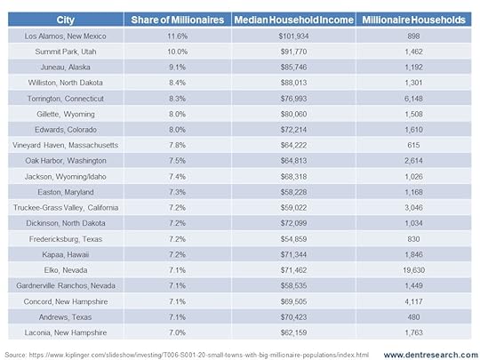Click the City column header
coord(66,20)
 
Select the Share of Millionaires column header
coord(178,20)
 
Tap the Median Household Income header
coord(294,20)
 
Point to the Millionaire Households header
coord(413,20)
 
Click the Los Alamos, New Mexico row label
coord(66,36)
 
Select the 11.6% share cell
coord(178,36)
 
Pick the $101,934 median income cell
coord(294,36)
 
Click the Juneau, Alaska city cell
coord(66,68)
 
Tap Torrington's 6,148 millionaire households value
coord(413,99)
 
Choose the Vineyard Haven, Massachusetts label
coord(66,145)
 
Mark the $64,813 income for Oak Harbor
coord(294,161)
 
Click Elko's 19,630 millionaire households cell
coord(413,270)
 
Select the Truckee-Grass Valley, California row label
coord(66,207)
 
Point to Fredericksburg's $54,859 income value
coord(294,239)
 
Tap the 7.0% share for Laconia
coord(178,332)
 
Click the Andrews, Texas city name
coord(66,317)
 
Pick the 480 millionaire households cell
coord(413,317)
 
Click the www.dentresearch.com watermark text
coord(431,355)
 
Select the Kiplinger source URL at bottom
coord(199,355)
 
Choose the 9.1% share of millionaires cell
coord(178,68)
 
